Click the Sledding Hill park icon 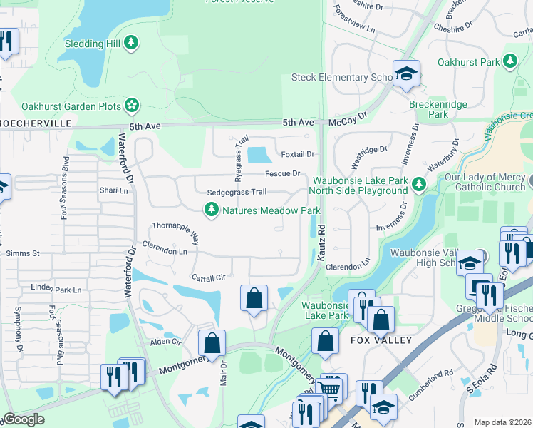(130, 44)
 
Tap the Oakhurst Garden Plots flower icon (131, 106)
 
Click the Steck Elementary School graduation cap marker (406, 73)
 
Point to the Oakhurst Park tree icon (509, 62)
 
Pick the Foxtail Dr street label (297, 154)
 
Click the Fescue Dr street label (284, 173)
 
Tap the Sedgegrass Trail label (237, 193)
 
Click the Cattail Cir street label (208, 276)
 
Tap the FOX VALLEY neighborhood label (381, 340)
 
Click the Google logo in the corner (23, 419)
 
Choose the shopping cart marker (328, 389)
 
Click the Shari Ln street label (114, 190)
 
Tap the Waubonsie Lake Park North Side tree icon (419, 185)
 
